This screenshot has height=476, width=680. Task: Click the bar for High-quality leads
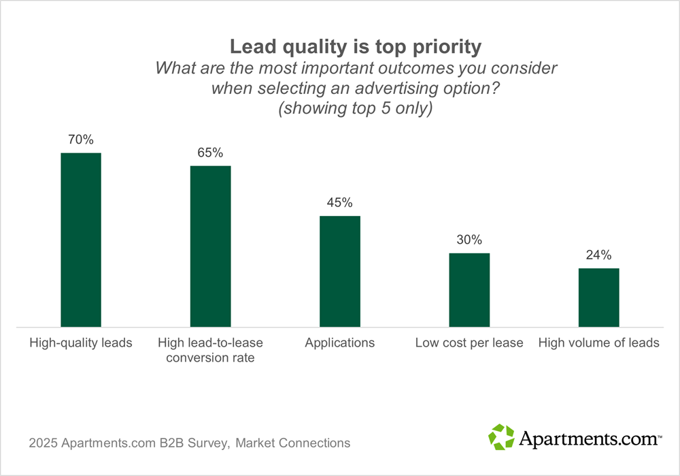[x=81, y=240]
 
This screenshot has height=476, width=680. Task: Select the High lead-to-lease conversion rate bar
[x=210, y=247]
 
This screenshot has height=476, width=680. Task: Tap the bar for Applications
[x=339, y=272]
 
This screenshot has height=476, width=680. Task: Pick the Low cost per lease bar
[x=469, y=290]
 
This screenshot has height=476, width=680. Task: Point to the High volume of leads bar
[x=598, y=298]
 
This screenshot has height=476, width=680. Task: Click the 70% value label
[x=81, y=140]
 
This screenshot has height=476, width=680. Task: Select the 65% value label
[x=210, y=153]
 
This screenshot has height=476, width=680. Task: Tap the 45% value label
[x=339, y=203]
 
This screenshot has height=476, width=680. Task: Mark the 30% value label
[x=469, y=240]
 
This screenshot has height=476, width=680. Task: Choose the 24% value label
[x=598, y=255]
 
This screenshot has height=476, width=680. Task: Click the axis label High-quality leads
[x=81, y=343]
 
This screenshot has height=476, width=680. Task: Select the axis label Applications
[x=339, y=343]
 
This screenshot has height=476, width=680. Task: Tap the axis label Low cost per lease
[x=469, y=343]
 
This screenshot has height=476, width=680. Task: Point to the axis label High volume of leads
[x=598, y=343]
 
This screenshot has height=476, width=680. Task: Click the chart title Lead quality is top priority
[x=356, y=47]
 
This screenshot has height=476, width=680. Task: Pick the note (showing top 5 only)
[x=356, y=109]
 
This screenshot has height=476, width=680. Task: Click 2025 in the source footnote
[x=43, y=443]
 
